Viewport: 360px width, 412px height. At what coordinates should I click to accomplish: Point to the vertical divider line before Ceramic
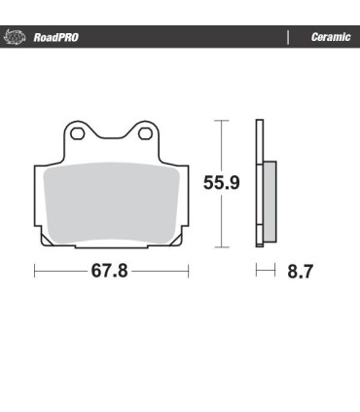point(288,38)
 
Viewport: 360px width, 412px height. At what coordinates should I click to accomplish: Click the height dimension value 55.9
point(222,182)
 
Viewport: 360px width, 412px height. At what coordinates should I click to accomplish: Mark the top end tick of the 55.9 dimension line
point(222,121)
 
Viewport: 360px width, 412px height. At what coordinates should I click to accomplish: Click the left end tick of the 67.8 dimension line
point(36,271)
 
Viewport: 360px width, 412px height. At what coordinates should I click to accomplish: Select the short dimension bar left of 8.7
point(264,271)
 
